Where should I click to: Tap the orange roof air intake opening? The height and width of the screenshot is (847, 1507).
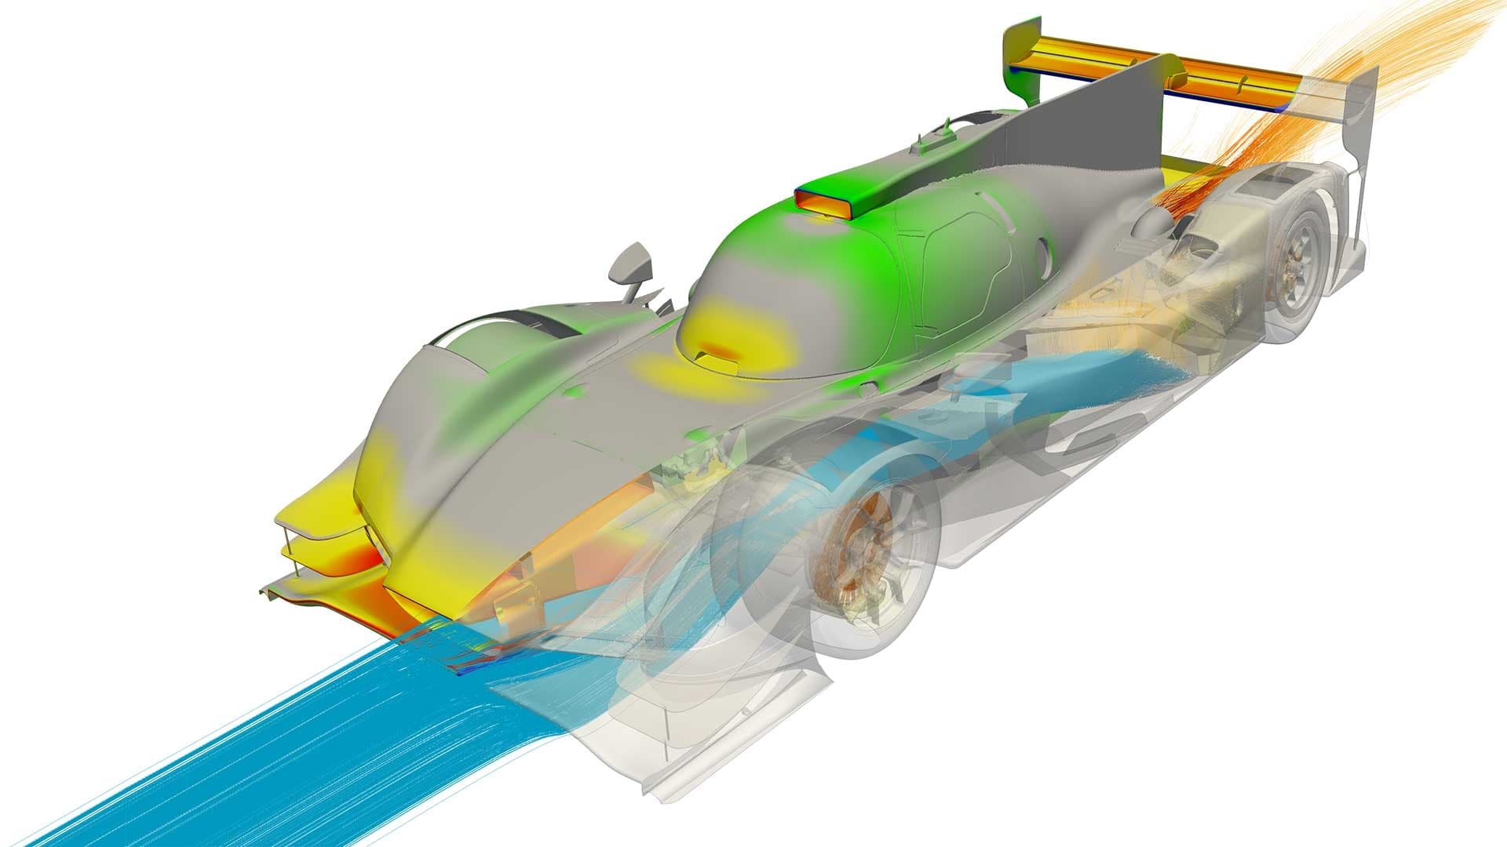click(x=826, y=202)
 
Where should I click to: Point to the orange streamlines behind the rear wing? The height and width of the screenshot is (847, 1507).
click(x=1413, y=63)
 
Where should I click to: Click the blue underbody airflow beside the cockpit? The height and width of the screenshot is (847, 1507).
click(x=1060, y=392)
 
